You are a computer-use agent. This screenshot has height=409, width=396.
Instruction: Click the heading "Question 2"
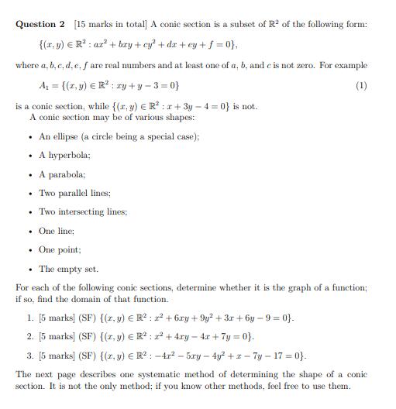pyautogui.click(x=38, y=24)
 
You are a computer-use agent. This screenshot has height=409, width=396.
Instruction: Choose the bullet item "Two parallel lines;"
pyautogui.click(x=74, y=192)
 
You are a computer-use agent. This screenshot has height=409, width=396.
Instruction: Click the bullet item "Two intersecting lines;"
pyautogui.click(x=83, y=211)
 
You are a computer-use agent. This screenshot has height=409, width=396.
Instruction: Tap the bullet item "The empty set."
pyautogui.click(x=68, y=269)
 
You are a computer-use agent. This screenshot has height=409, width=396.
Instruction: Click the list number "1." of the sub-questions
pyautogui.click(x=30, y=318)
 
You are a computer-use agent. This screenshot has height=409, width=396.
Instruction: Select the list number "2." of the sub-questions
pyautogui.click(x=30, y=337)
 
